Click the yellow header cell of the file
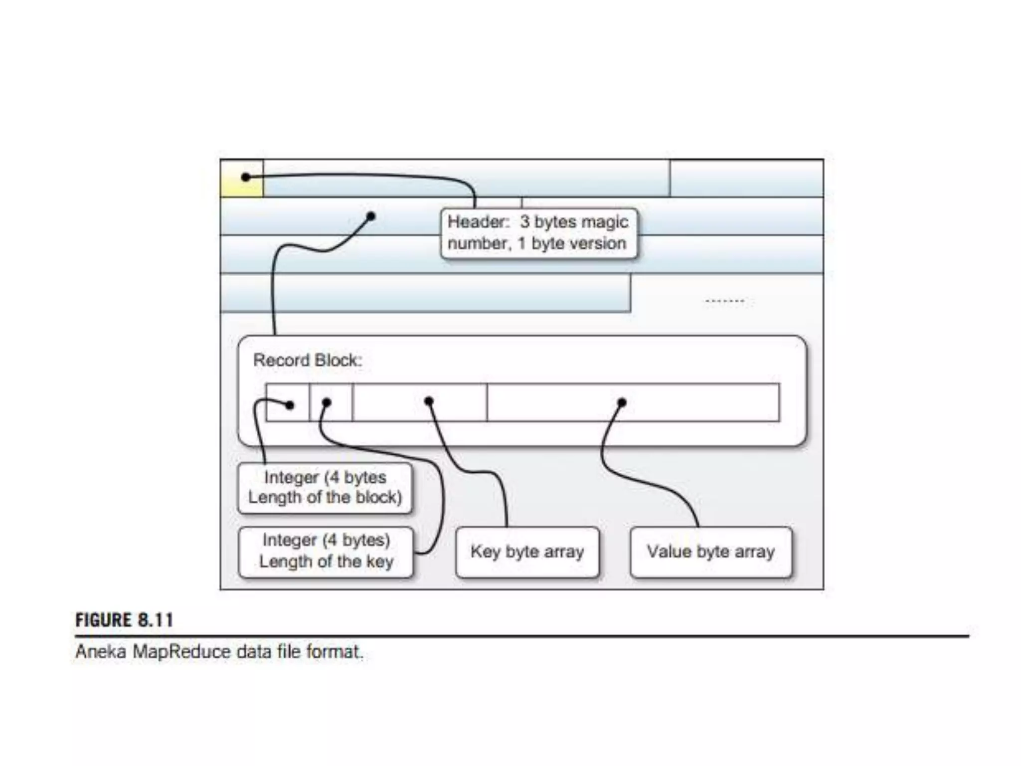point(242,179)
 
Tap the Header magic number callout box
point(539,233)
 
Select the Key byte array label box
point(527,552)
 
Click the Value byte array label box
point(711,552)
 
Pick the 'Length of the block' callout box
point(325,488)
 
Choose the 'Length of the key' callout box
point(326,552)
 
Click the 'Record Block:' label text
point(308,360)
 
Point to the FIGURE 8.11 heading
point(125,620)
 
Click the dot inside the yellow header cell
point(245,177)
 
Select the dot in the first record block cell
point(290,405)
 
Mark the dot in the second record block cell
point(326,402)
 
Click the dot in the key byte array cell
point(429,401)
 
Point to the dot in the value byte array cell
point(621,402)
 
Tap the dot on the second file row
point(370,216)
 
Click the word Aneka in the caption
point(100,652)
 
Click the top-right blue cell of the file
point(746,179)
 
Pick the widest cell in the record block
point(633,402)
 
